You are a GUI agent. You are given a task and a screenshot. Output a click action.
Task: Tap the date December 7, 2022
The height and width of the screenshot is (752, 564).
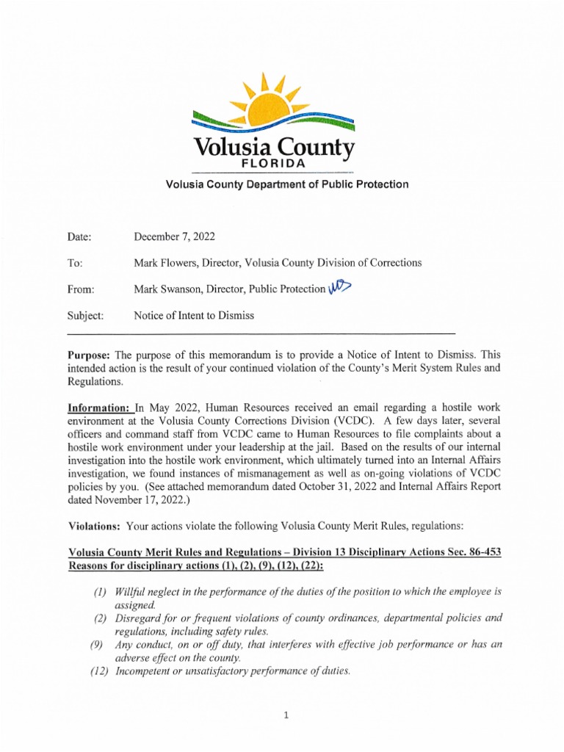(174, 236)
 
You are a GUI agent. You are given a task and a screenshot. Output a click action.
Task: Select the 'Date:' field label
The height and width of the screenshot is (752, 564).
(79, 236)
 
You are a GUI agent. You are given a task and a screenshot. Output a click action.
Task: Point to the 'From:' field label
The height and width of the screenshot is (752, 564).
(81, 289)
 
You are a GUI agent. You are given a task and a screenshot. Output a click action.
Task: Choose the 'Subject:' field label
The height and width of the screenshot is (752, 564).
(85, 316)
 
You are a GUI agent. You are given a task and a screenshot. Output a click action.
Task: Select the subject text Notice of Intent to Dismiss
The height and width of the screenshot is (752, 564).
(193, 316)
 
